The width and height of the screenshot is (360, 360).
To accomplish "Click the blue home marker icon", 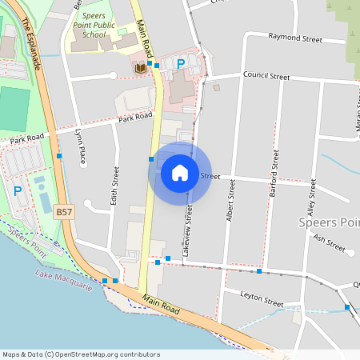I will pos(180,173).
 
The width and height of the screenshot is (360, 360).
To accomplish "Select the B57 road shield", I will pos(65,213).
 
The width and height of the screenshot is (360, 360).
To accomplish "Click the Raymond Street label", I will pos(294,38).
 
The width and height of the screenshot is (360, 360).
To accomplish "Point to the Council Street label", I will pos(266,77).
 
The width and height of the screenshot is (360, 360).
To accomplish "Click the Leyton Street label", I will pos(262,298).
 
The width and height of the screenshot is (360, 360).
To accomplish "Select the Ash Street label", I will pos(330,243).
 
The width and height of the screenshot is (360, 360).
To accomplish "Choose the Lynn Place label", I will pos(81,147).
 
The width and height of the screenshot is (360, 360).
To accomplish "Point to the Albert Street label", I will pos(230,200).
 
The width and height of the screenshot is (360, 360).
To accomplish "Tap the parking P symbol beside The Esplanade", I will pos(18,191).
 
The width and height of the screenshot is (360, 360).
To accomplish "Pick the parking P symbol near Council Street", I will pos(181,63).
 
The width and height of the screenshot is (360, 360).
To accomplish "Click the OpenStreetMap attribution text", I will pos(82,354).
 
